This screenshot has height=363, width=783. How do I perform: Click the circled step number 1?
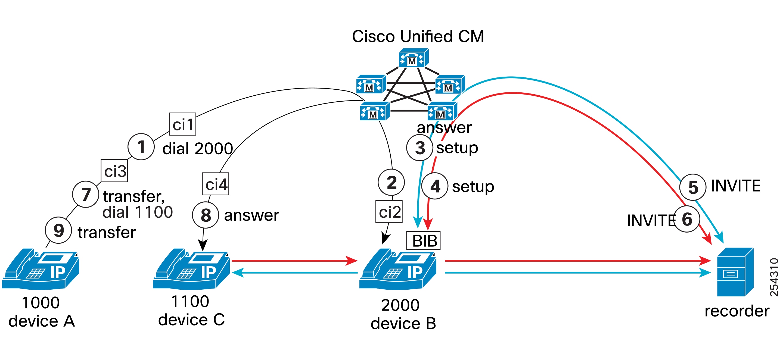click(141, 147)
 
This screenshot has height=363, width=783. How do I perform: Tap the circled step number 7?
click(86, 194)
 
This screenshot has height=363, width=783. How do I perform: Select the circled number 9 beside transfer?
click(58, 230)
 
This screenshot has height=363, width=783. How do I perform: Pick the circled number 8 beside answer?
click(206, 215)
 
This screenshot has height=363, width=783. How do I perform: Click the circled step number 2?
click(391, 183)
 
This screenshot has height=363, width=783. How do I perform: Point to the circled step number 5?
click(693, 187)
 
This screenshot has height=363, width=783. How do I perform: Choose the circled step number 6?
click(687, 219)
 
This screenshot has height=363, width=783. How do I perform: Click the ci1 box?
click(183, 124)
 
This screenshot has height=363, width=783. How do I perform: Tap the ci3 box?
click(114, 171)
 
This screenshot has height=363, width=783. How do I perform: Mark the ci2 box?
click(389, 211)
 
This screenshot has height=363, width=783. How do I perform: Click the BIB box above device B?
click(423, 240)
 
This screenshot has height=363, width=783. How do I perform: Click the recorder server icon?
click(735, 273)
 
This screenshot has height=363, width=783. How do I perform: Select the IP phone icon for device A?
click(41, 269)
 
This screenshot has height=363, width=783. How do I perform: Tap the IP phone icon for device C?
click(191, 269)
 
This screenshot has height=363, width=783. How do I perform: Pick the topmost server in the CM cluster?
click(413, 58)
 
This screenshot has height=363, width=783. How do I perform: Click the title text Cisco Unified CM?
click(418, 36)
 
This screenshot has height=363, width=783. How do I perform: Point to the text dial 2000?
click(198, 149)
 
